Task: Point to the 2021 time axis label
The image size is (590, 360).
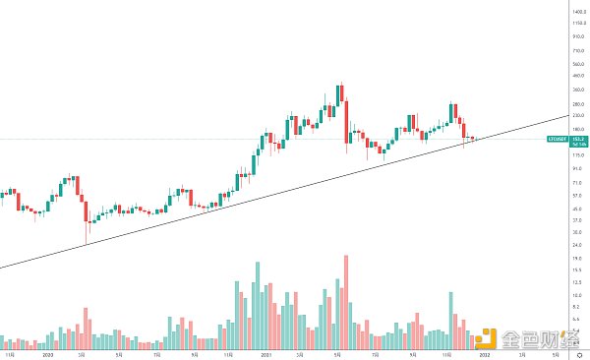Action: [x=266, y=352]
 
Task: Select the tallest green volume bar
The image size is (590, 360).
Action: [x=258, y=305]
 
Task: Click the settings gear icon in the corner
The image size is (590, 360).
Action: [x=580, y=352]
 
